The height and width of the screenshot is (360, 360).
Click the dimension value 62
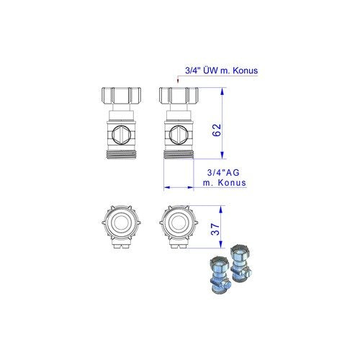click(x=217, y=130)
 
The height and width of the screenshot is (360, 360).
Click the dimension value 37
click(x=215, y=229)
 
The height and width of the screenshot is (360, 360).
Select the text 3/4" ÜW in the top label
click(x=202, y=71)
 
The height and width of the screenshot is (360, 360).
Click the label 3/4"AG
click(x=223, y=172)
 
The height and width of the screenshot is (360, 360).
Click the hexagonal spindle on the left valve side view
click(x=122, y=135)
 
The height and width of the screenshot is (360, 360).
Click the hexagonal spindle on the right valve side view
click(x=179, y=135)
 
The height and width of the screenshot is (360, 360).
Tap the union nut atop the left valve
click(x=121, y=95)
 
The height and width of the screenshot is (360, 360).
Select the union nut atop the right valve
click(x=179, y=95)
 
